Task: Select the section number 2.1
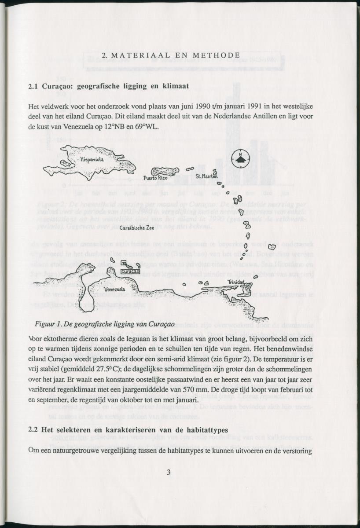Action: pos(33,86)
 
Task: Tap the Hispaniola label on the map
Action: pos(92,160)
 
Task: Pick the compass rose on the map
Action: pos(240,159)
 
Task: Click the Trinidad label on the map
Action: pos(235,282)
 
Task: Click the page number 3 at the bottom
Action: pos(169,473)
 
